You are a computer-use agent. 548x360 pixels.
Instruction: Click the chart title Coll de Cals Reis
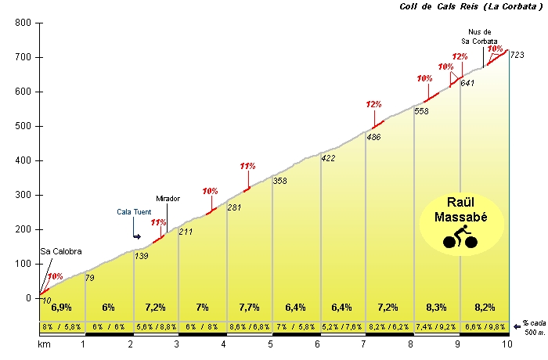460,6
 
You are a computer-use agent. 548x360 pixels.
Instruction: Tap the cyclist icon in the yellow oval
460,236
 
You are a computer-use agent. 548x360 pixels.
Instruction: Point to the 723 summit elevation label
517,55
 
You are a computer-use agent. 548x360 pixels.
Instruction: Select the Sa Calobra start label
60,252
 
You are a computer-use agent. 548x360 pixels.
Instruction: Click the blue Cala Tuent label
135,211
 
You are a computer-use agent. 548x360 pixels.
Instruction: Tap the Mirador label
168,199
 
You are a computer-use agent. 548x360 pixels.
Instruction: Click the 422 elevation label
329,159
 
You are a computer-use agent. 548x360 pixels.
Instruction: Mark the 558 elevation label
421,111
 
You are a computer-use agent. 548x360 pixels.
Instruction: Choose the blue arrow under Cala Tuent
137,236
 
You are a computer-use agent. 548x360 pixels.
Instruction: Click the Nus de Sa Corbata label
479,37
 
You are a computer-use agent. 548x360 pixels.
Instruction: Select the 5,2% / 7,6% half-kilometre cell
343,326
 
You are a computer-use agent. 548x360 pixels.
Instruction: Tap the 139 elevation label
142,257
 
